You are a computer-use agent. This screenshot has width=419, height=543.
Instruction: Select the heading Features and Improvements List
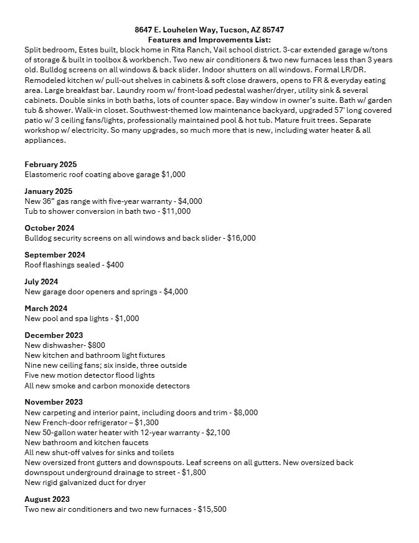coord(209,39)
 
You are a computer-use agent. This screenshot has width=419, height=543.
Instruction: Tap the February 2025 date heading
coord(50,165)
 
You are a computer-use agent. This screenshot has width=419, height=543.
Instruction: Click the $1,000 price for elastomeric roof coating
coord(174,175)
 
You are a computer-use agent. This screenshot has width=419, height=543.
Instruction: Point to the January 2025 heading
coord(49,191)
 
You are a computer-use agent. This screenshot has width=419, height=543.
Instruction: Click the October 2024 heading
coord(49,228)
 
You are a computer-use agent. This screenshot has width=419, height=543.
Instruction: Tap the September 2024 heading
coord(55,255)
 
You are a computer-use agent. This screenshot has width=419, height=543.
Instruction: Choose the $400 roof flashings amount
coord(115,265)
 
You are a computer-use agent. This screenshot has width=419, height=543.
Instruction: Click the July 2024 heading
coord(41,282)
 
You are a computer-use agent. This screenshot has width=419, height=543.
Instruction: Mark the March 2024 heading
coord(45,309)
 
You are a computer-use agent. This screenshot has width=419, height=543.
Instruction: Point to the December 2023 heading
coord(54,335)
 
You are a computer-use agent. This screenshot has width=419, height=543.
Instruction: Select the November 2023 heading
coord(54,402)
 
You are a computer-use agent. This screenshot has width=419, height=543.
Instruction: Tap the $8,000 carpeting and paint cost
coord(245,412)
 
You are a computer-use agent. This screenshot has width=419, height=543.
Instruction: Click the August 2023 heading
coord(47,499)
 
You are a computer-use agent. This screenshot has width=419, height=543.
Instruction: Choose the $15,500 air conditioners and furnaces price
coord(212,509)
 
